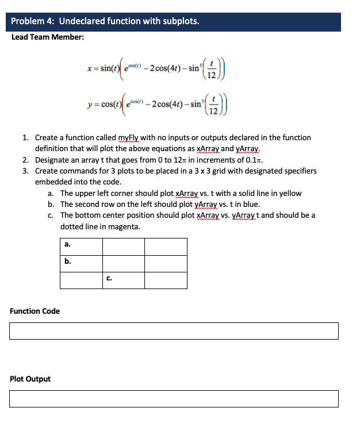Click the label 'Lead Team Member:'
click(48, 37)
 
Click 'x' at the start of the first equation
click(86, 68)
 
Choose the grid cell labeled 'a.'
click(81, 246)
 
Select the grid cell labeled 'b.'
click(81, 263)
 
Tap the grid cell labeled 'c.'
click(123, 280)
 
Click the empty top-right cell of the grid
click(166, 246)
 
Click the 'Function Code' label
click(35, 311)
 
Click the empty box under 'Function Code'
click(174, 331)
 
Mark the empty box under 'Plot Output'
click(174, 399)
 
